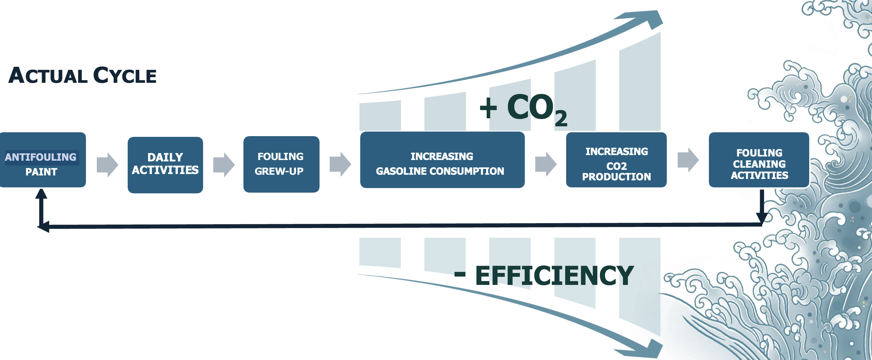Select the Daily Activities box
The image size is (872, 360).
coord(165,165)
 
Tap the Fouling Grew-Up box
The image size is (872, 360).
coord(281,164)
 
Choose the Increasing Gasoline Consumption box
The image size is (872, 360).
coord(442,160)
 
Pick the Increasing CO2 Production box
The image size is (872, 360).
coord(616,160)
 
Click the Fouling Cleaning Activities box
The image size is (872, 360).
coord(759,160)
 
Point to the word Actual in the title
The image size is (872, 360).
coord(48,76)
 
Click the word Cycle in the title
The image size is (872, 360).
coord(125,76)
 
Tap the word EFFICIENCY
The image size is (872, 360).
coord(554,276)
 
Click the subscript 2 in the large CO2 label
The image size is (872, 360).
coord(561,118)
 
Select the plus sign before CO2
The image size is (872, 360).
coord(488,108)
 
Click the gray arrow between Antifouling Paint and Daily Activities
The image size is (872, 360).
coord(107,165)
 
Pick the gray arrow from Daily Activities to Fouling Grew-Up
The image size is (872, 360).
coord(224,165)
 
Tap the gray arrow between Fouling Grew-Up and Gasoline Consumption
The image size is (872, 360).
coord(340,164)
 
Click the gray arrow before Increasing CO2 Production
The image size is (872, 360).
coord(546,164)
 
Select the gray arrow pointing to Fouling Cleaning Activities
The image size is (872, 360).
coord(688,160)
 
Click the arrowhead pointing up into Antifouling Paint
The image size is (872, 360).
coord(41,194)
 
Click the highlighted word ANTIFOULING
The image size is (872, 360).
coord(41,157)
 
